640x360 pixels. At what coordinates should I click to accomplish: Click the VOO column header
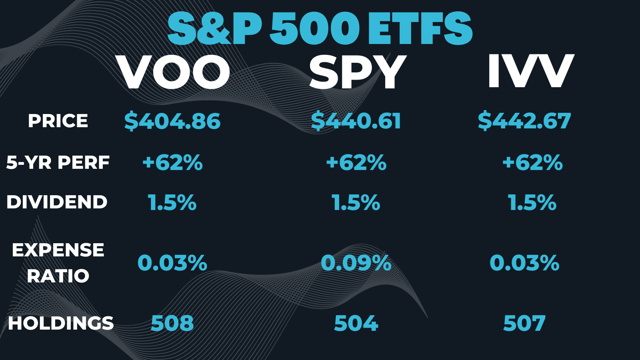point(174,72)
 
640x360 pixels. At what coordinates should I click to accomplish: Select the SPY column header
point(357,72)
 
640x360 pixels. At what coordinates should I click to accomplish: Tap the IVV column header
point(531,71)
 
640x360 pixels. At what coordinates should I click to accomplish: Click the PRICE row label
point(58,121)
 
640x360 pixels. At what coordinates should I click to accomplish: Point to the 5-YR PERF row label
point(58,162)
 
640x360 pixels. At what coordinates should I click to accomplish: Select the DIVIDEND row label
point(57,202)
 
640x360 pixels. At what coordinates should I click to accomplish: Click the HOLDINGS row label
point(61,323)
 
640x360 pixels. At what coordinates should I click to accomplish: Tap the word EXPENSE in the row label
point(58,250)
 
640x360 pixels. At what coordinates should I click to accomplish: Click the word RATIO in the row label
point(58,276)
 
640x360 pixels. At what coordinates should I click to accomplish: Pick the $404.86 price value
point(172,121)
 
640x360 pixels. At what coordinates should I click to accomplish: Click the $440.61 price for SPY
point(356,121)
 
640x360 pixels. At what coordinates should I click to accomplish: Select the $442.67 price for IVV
point(524,121)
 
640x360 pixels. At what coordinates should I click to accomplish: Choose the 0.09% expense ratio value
point(356,263)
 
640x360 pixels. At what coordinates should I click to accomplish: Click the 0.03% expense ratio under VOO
point(172,263)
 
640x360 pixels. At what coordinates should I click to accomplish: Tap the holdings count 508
point(172,323)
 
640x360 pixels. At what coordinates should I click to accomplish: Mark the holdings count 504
point(356,323)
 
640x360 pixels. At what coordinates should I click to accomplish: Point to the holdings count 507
point(524,323)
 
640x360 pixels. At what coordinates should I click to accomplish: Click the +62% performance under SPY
point(356,163)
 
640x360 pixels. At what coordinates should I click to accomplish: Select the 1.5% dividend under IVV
point(532,202)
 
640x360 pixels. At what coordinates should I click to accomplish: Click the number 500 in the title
point(314,29)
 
